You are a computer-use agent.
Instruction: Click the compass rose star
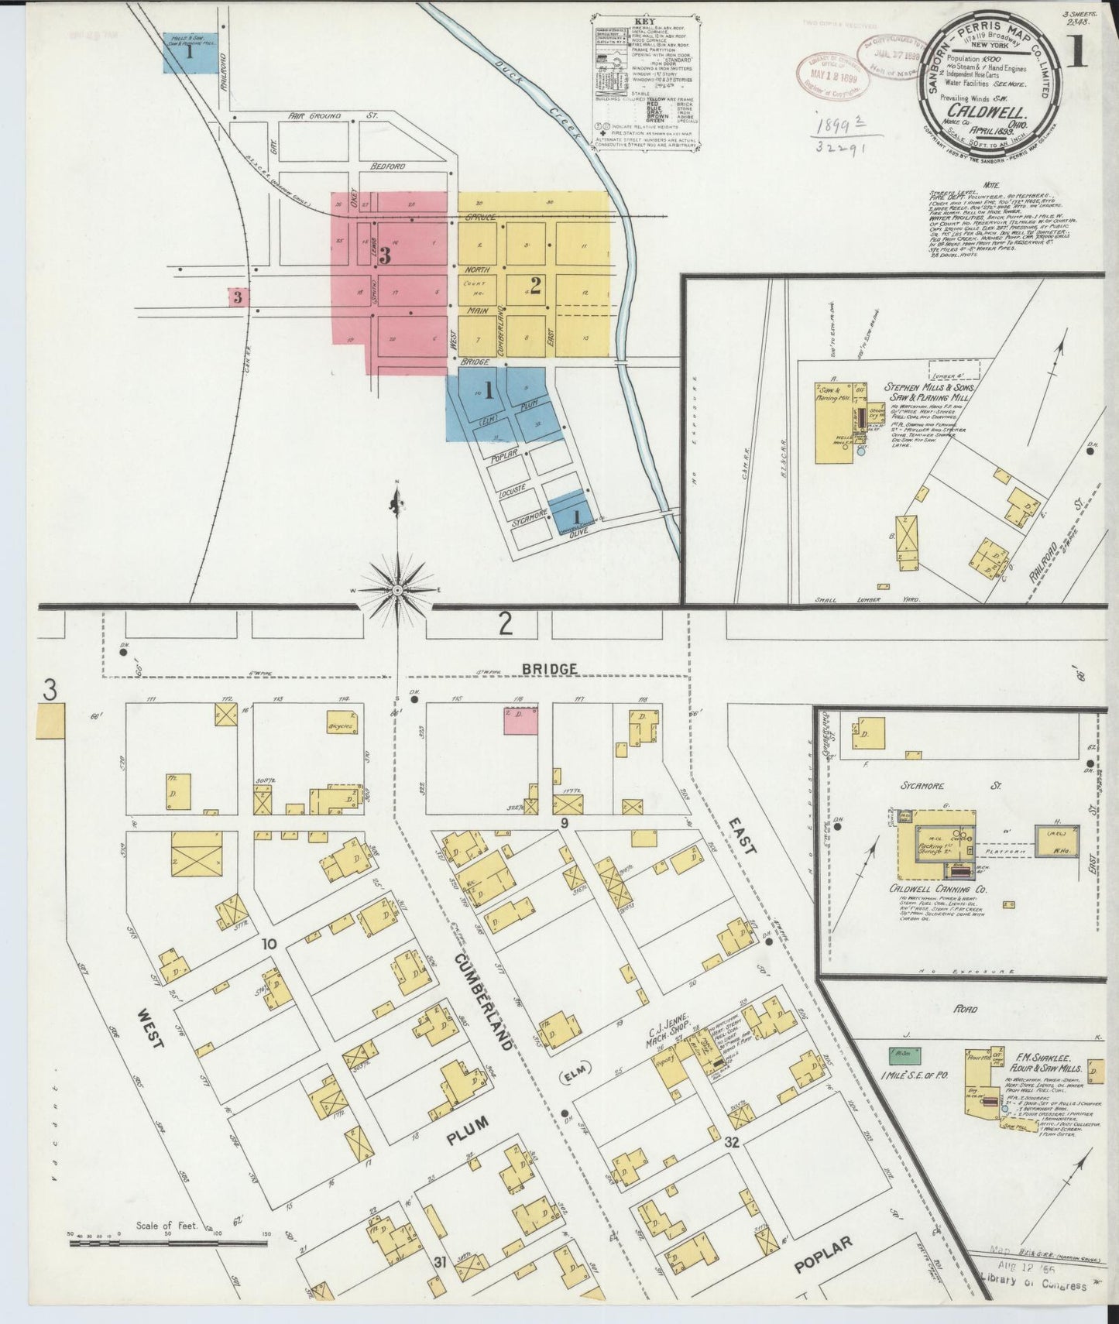[397, 590]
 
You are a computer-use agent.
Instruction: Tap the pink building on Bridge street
[520, 720]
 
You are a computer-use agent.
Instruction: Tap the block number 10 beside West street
[269, 943]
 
